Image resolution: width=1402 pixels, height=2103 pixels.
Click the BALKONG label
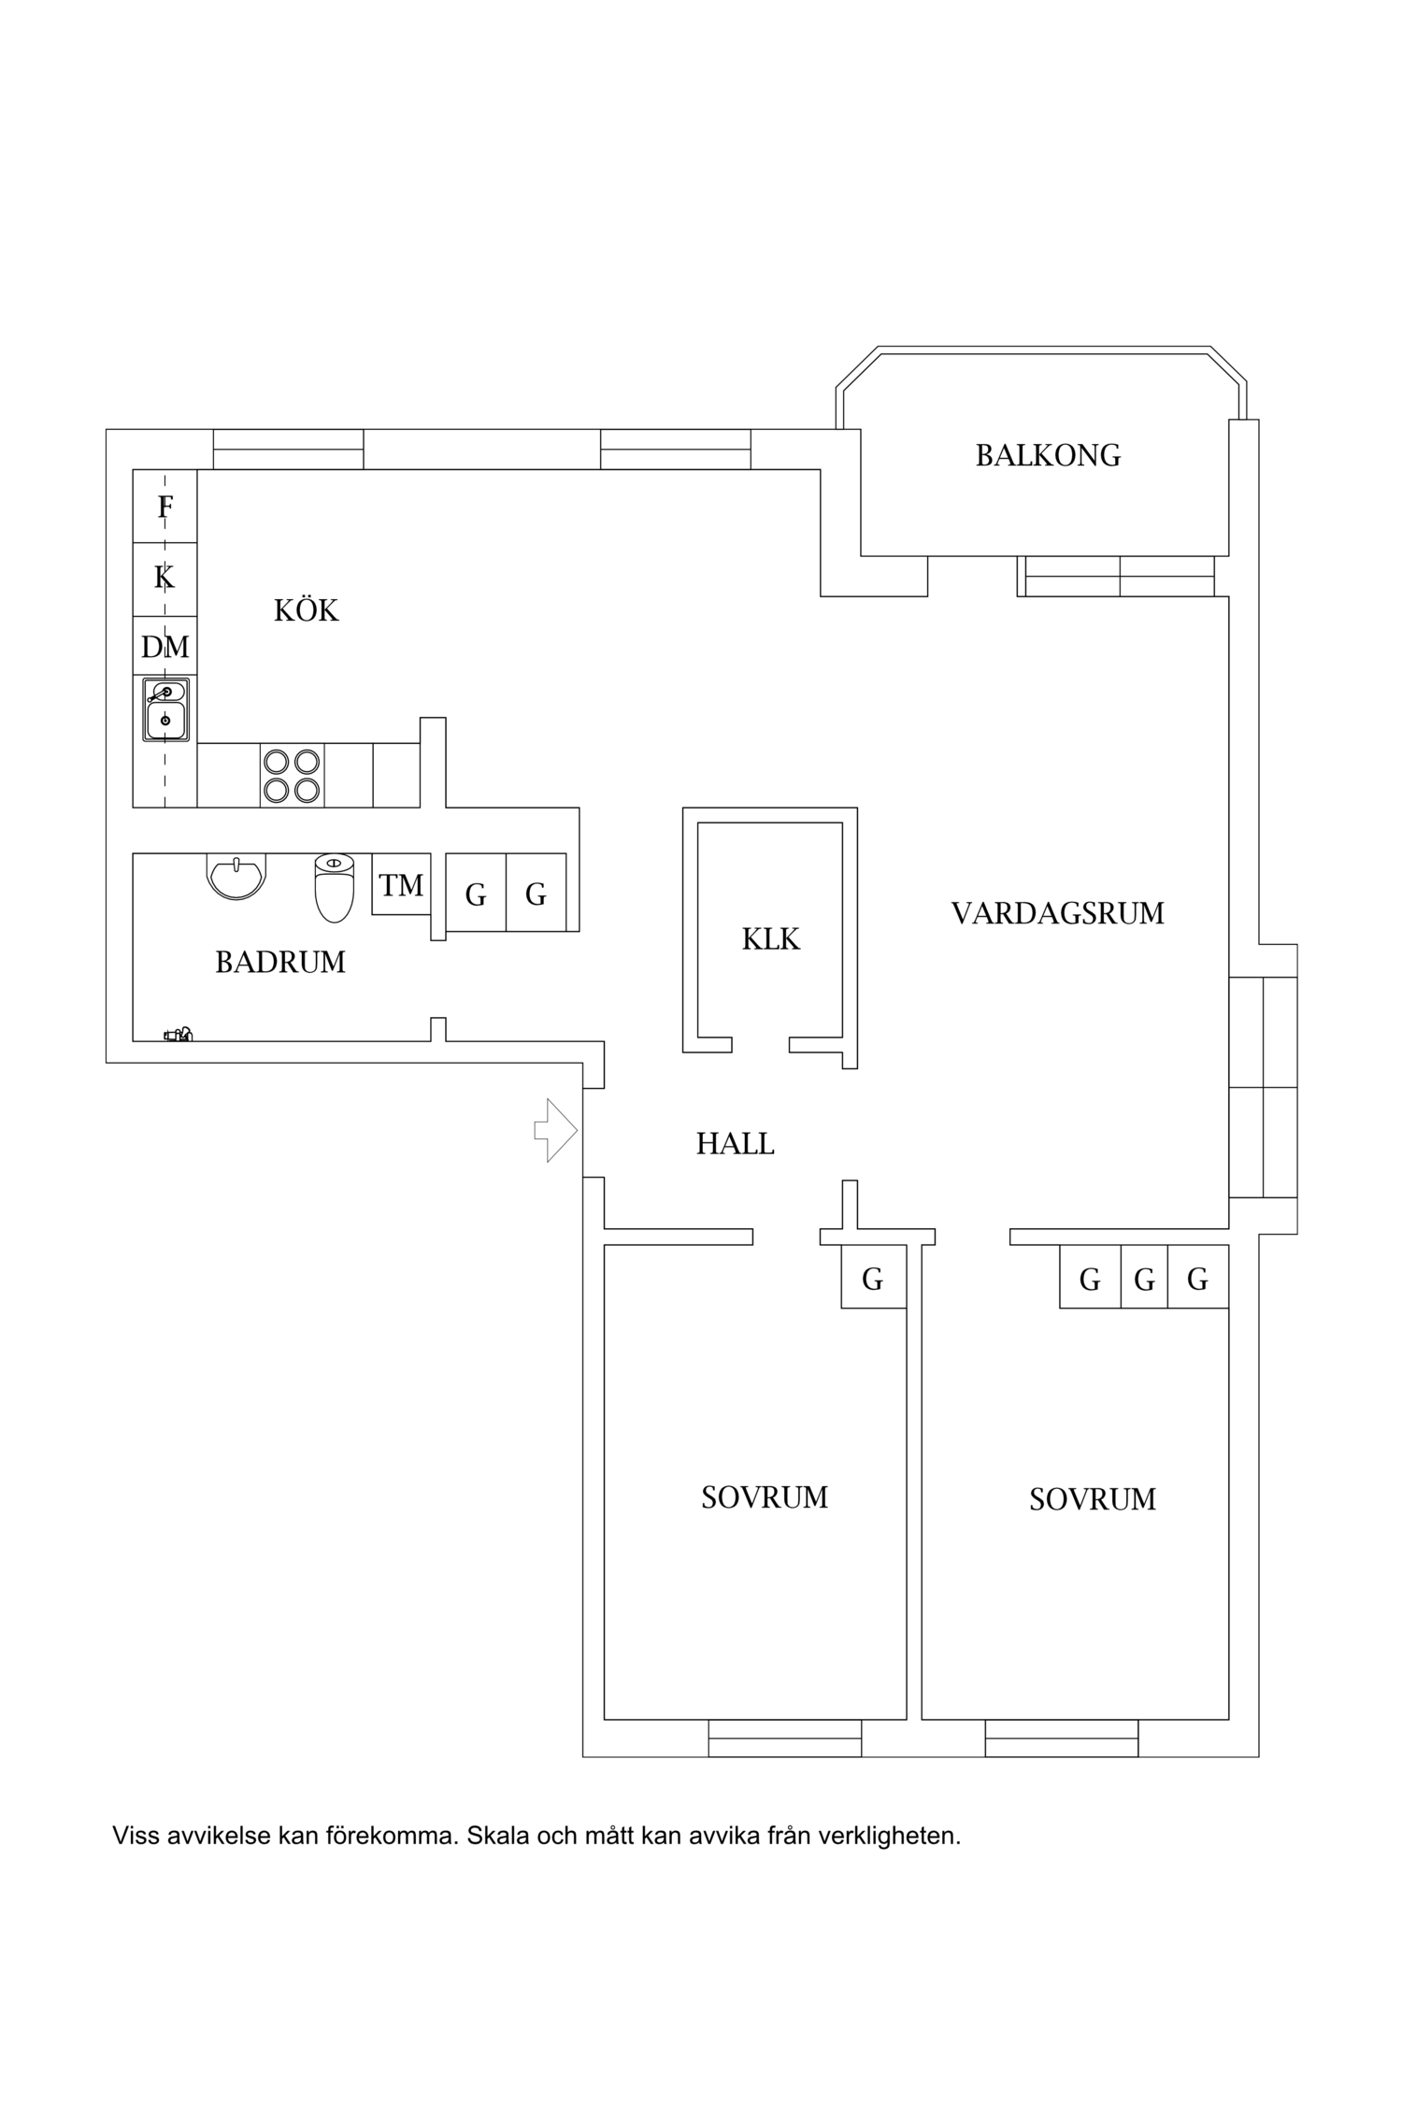click(x=1048, y=455)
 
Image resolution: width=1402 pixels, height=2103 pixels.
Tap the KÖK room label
click(x=306, y=610)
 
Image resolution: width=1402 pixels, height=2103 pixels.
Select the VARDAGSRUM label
click(x=1057, y=913)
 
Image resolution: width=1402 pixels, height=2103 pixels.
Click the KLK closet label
click(x=770, y=938)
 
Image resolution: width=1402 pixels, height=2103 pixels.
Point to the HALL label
click(x=735, y=1143)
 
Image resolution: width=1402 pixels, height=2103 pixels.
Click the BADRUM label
click(x=280, y=962)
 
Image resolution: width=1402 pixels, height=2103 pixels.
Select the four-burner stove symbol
click(x=292, y=776)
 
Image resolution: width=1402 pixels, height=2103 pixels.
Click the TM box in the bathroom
click(x=401, y=884)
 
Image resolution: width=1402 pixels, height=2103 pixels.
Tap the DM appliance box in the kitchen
click(x=165, y=647)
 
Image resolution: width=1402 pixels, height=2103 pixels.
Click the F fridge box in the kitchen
click(x=165, y=507)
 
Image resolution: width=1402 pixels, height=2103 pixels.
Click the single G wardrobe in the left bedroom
click(x=872, y=1279)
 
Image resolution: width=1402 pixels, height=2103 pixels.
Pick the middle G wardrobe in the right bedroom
click(x=1144, y=1279)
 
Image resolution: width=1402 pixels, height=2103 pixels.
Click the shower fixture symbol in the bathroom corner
click(x=178, y=1034)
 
